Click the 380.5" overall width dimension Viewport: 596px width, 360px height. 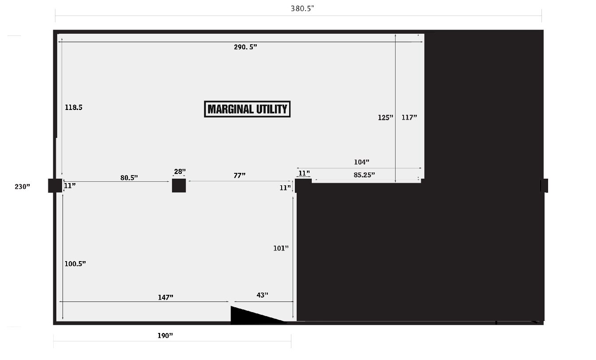tap(302, 8)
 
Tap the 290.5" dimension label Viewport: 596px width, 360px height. tap(245, 47)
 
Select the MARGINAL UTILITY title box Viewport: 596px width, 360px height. tap(247, 109)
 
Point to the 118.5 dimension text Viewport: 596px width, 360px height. tap(74, 107)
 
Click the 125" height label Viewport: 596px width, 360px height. tap(385, 117)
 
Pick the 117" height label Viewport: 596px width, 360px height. tap(409, 117)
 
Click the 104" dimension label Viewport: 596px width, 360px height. tap(361, 162)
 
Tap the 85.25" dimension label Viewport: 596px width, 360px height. tap(364, 175)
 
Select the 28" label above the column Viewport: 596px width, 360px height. tap(180, 172)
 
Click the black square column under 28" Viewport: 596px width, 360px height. tap(179, 185)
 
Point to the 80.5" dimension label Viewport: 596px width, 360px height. tap(129, 178)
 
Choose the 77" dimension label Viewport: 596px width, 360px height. tap(239, 176)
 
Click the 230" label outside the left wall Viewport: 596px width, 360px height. tap(22, 187)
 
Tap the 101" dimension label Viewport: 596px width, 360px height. tap(281, 248)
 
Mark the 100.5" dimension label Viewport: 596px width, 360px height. tap(75, 264)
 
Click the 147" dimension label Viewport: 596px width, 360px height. tap(165, 297)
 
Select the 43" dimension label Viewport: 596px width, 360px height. tap(263, 295)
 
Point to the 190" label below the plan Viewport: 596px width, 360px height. tap(165, 336)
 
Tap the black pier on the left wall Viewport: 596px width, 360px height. tap(55, 186)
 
